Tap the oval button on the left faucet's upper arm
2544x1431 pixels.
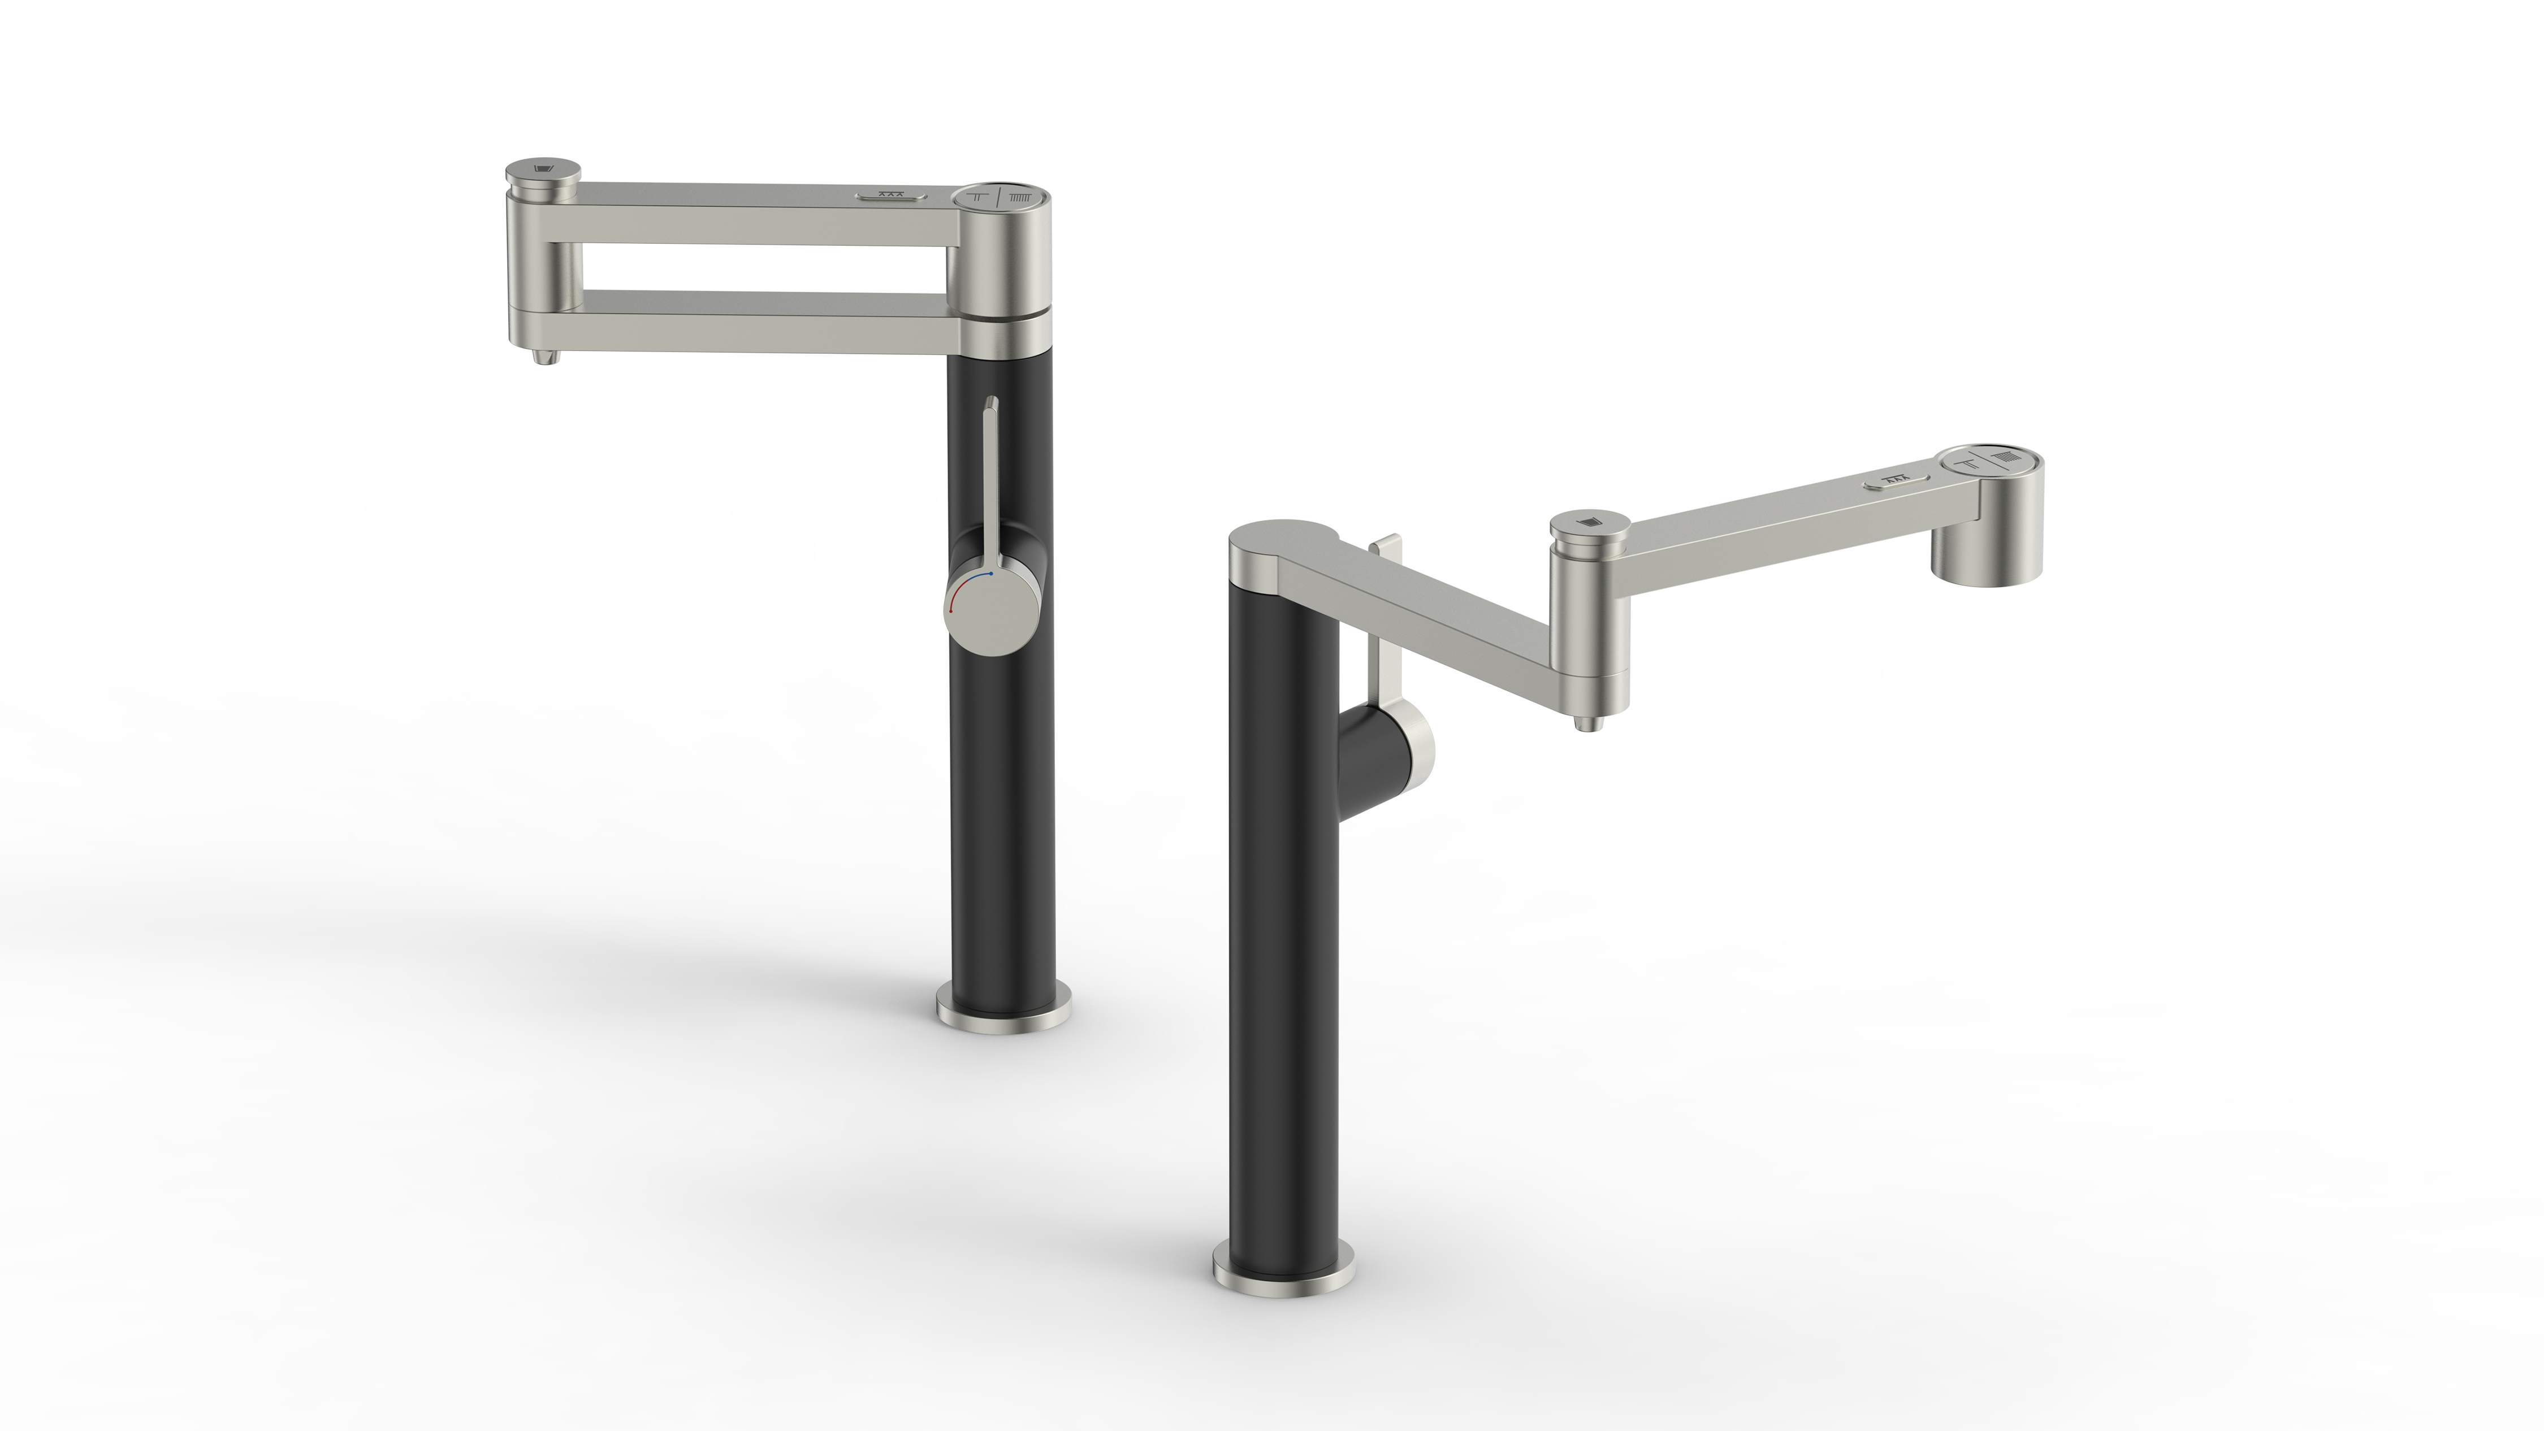point(892,194)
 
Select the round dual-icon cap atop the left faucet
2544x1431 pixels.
point(1005,196)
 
